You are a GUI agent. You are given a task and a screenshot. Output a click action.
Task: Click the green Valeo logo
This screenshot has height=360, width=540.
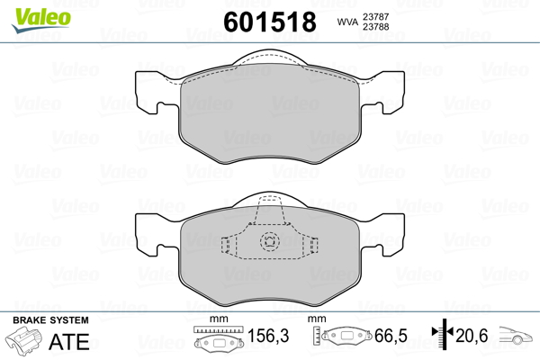tap(41, 20)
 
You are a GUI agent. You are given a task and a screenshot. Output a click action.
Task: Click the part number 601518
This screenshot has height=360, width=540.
tap(270, 22)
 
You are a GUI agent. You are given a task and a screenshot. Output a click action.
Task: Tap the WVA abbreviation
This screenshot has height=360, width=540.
tap(347, 22)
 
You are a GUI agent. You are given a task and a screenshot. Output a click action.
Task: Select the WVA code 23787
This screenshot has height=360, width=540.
tap(375, 16)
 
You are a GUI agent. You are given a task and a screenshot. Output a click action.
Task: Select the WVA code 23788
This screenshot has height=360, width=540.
tap(375, 26)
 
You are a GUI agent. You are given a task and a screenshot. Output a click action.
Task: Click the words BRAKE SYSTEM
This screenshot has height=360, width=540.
tap(50, 320)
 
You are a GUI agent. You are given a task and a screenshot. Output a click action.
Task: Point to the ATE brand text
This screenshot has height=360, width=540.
tap(69, 341)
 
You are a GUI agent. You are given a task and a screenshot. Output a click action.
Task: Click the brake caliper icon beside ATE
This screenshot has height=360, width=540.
tap(23, 339)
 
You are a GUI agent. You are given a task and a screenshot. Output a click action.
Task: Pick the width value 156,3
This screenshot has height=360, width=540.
tap(268, 336)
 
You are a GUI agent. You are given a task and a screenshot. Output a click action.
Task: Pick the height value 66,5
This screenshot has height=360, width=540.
tap(391, 336)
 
